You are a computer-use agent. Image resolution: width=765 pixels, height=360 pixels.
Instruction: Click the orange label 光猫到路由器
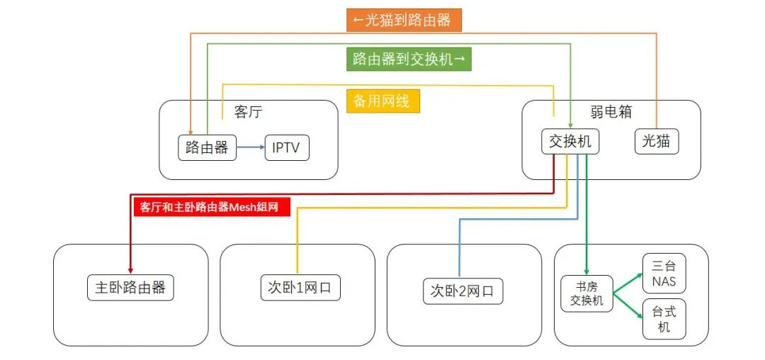(x=404, y=20)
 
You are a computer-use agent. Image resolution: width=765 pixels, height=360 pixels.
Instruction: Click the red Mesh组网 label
(x=211, y=207)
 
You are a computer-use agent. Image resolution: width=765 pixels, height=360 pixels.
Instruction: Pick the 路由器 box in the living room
(x=206, y=147)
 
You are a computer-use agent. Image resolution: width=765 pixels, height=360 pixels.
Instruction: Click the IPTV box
(x=286, y=148)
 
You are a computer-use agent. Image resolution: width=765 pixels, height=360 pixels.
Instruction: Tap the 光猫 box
(x=656, y=142)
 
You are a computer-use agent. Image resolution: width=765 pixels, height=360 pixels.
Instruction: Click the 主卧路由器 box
(x=130, y=287)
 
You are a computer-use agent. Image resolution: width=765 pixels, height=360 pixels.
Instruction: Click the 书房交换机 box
(x=586, y=293)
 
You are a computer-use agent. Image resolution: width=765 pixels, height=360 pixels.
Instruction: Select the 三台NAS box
(x=664, y=274)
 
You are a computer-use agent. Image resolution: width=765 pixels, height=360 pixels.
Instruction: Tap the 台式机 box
(x=664, y=319)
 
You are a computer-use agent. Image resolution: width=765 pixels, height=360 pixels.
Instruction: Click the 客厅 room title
(x=248, y=113)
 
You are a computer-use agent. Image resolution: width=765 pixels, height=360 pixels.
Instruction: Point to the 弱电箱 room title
(x=611, y=112)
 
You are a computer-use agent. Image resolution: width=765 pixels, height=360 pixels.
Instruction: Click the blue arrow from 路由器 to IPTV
(x=249, y=148)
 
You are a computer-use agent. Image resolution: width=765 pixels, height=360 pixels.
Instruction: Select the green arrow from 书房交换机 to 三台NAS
(x=628, y=281)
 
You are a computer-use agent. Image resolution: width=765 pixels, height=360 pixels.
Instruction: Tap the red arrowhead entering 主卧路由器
(x=130, y=269)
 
